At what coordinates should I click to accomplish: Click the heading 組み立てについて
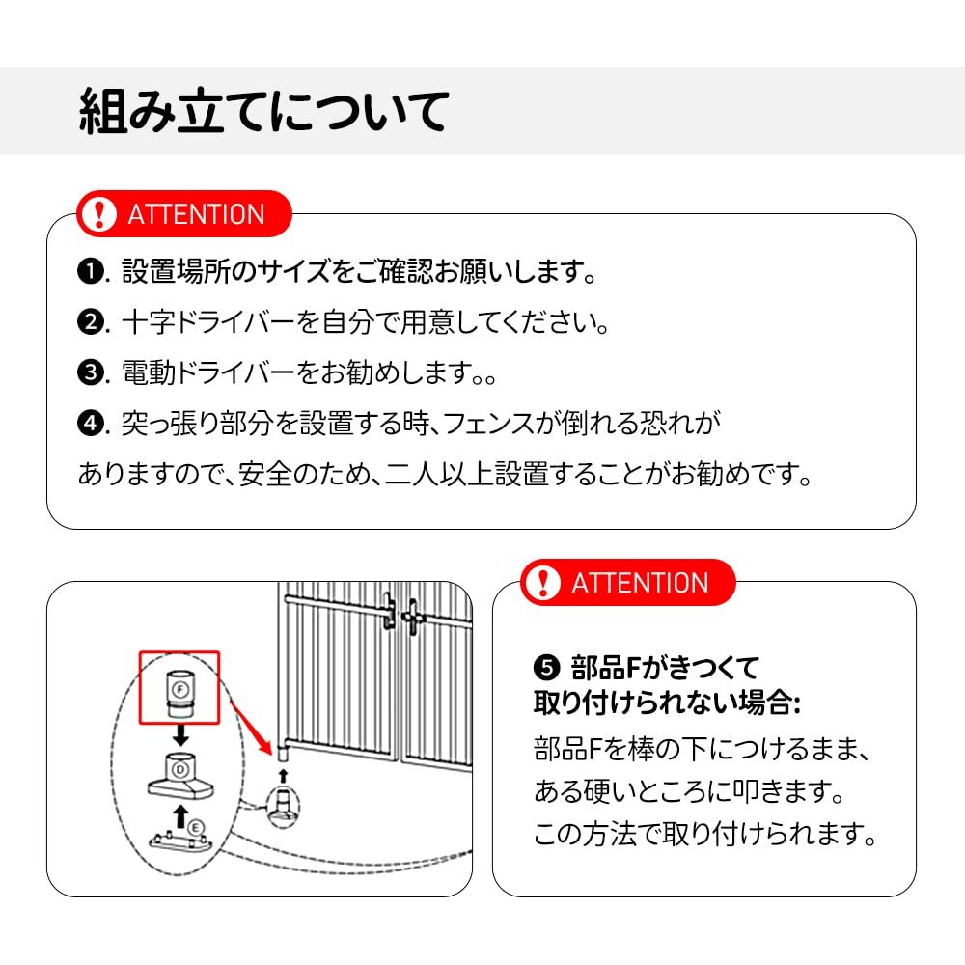pyautogui.click(x=262, y=111)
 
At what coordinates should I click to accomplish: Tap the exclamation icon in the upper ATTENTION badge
pyautogui.click(x=98, y=214)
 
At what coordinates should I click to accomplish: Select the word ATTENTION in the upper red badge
pyautogui.click(x=196, y=214)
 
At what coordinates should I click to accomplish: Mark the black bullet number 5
pyautogui.click(x=546, y=666)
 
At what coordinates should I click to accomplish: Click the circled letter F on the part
pyautogui.click(x=179, y=688)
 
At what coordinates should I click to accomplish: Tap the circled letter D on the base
pyautogui.click(x=179, y=769)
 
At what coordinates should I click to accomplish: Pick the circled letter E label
pyautogui.click(x=196, y=827)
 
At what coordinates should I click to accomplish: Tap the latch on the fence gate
pyautogui.click(x=400, y=612)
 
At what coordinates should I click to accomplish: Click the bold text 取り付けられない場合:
pyautogui.click(x=667, y=703)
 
